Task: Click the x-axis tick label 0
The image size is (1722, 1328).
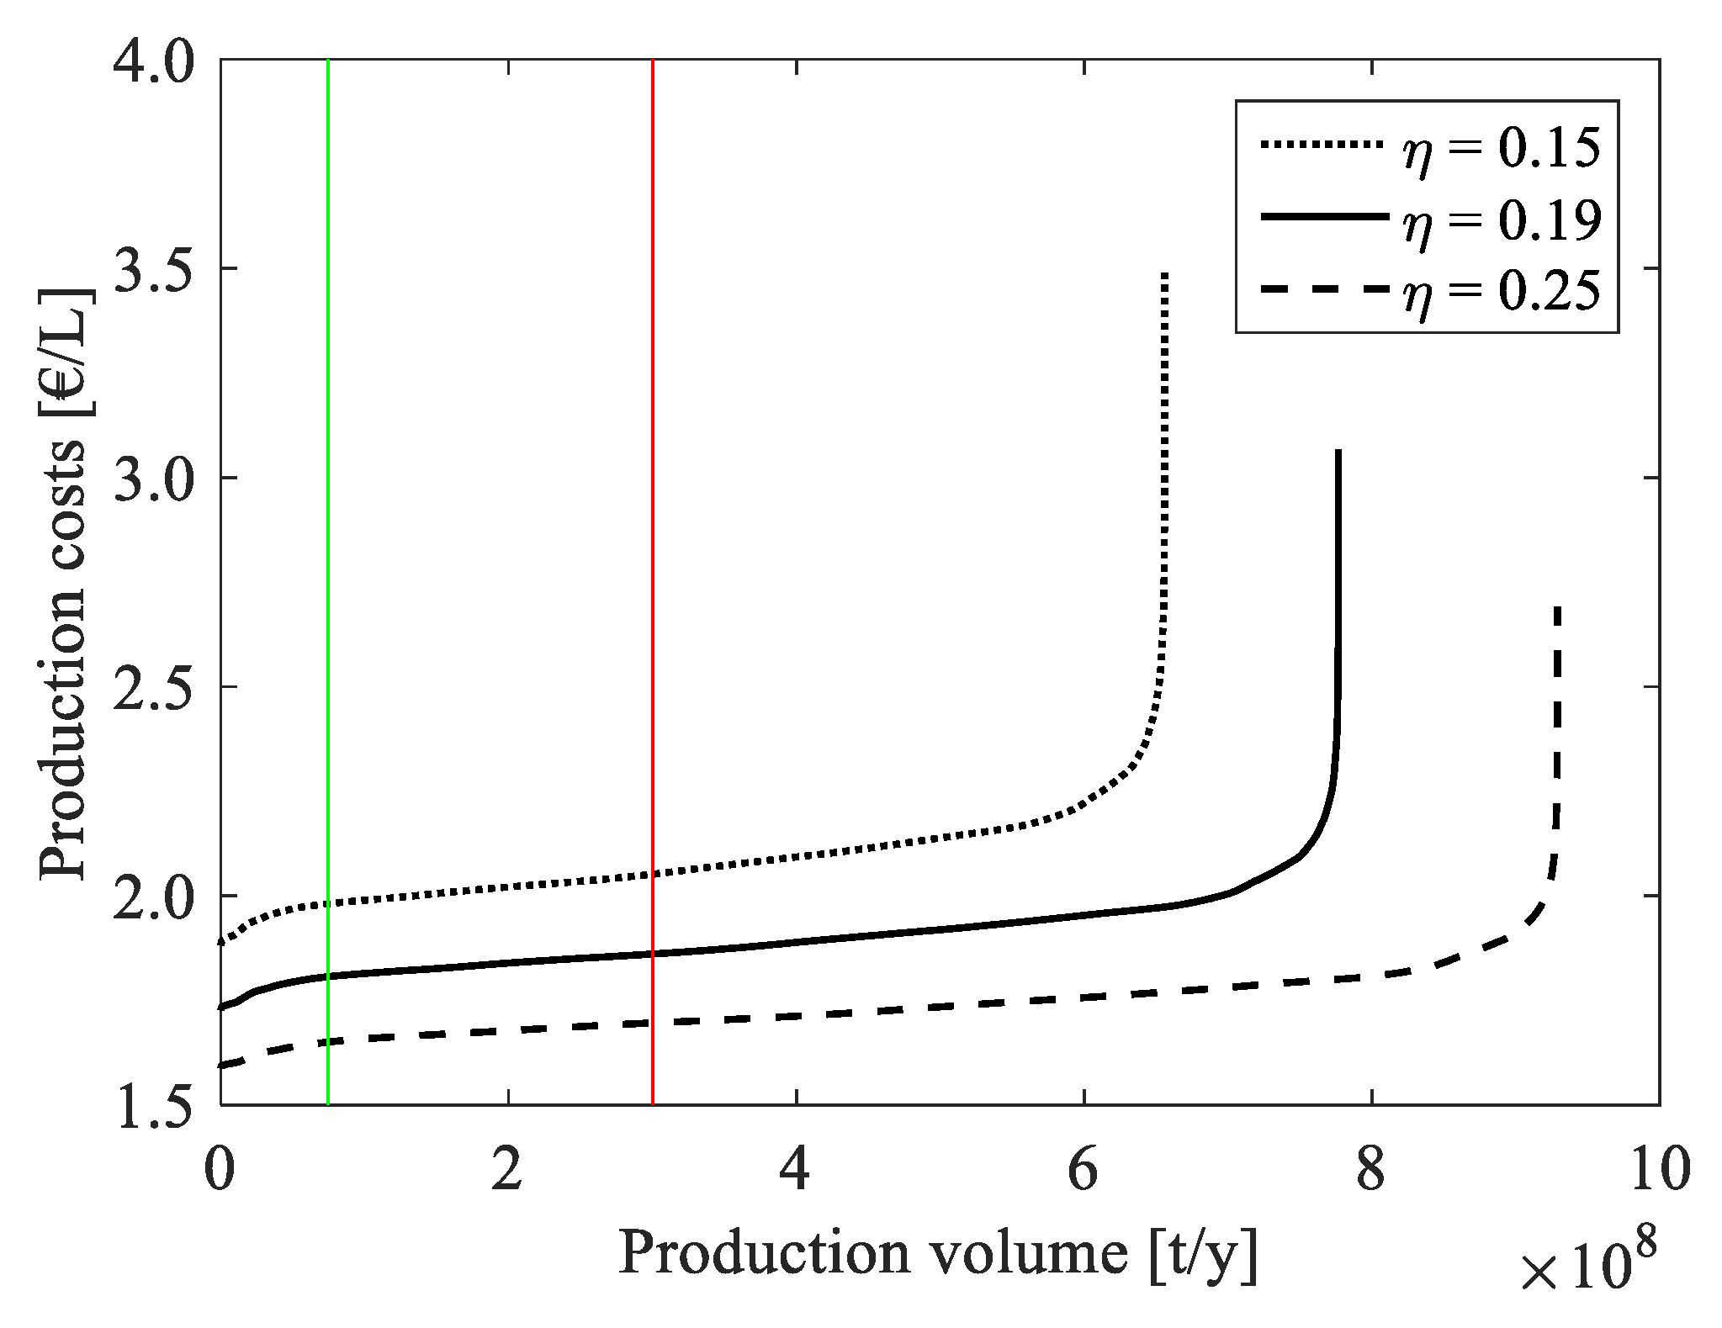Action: coord(220,1171)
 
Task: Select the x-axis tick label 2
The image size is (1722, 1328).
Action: coord(507,1171)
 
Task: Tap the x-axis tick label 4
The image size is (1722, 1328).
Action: coord(796,1171)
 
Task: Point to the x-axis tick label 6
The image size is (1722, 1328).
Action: coord(1084,1171)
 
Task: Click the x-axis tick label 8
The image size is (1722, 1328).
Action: coord(1371,1171)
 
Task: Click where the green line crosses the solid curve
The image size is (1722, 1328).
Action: coord(328,976)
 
